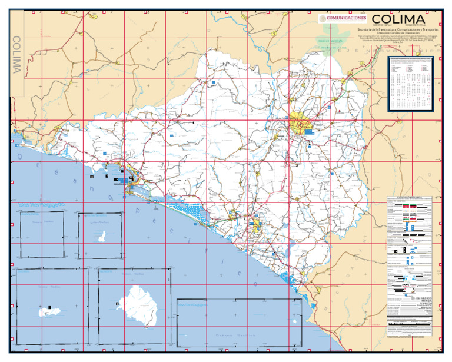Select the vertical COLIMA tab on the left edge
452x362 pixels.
click(x=17, y=55)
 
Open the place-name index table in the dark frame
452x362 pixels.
click(x=413, y=83)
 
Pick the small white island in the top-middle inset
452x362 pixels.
click(x=101, y=237)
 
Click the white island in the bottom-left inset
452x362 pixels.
click(x=46, y=313)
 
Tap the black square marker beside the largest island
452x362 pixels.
click(x=118, y=303)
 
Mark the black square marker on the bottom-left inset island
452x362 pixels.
click(x=51, y=307)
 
